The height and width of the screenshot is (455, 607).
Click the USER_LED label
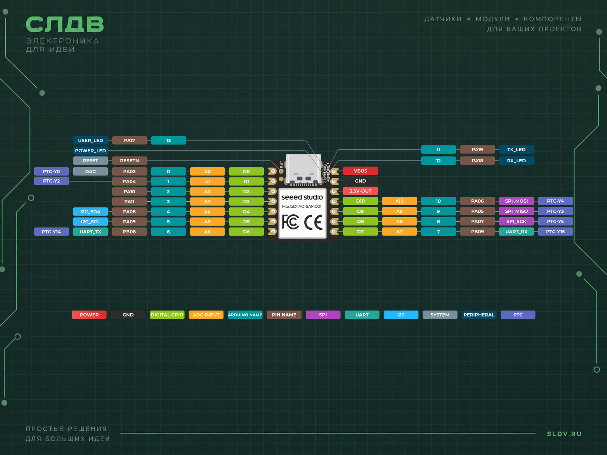(x=90, y=140)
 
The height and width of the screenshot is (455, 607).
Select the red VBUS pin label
(x=360, y=171)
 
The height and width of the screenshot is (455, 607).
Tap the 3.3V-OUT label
(x=360, y=191)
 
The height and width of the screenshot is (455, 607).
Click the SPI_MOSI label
(x=516, y=201)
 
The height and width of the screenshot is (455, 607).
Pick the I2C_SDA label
(x=90, y=212)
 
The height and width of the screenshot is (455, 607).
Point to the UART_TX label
(x=90, y=232)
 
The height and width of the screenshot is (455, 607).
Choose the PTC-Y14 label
(x=52, y=232)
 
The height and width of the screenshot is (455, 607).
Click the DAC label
(x=90, y=171)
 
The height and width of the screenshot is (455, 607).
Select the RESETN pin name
(x=129, y=160)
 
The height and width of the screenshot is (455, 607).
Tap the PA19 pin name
(x=477, y=149)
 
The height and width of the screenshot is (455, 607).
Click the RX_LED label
(x=516, y=160)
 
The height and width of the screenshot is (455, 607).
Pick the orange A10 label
(x=399, y=201)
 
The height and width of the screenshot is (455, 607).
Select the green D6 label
(x=246, y=232)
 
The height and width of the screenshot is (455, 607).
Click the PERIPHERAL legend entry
(x=479, y=315)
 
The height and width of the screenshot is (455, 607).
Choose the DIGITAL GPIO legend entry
(x=167, y=315)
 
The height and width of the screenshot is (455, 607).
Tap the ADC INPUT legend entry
(x=206, y=315)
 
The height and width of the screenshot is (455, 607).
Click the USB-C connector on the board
(x=303, y=169)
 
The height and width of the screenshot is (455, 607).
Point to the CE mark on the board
(x=314, y=223)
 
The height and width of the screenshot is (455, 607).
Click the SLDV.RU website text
(x=564, y=434)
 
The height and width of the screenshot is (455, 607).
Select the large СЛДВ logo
(x=65, y=24)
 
